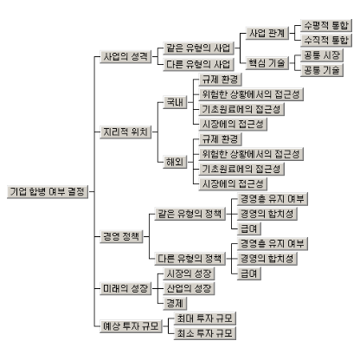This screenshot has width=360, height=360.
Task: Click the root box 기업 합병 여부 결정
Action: coord(48,192)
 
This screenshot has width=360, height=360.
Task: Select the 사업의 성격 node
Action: coord(125,56)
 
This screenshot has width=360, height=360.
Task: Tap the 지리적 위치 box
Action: coord(125,132)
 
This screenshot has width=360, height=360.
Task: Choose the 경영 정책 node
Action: coord(121,237)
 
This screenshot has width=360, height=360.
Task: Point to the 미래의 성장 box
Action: coord(125,288)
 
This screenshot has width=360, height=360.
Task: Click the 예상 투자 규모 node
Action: coord(131,326)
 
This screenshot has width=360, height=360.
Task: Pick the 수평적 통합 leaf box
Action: coord(326,26)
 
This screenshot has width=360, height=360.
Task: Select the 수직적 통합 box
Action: coord(326,41)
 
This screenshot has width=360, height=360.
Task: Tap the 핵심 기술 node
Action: coord(267,63)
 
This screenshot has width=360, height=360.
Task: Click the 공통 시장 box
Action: coord(322,55)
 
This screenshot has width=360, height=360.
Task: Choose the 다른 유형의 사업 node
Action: coord(199,64)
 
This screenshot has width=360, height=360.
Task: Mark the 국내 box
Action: coord(175,102)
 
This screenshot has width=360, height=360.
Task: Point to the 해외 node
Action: coord(175,162)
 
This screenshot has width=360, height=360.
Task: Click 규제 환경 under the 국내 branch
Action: coord(220,80)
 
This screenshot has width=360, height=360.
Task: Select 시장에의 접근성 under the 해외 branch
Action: coord(233,183)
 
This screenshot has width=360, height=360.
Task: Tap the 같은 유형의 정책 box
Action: coord(190,214)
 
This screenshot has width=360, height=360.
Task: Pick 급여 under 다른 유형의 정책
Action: coord(249,273)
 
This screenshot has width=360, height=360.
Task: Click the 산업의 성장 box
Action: coord(189,288)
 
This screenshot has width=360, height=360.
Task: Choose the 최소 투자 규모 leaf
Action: coord(205,333)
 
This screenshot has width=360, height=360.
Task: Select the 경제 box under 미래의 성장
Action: coord(175,304)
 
